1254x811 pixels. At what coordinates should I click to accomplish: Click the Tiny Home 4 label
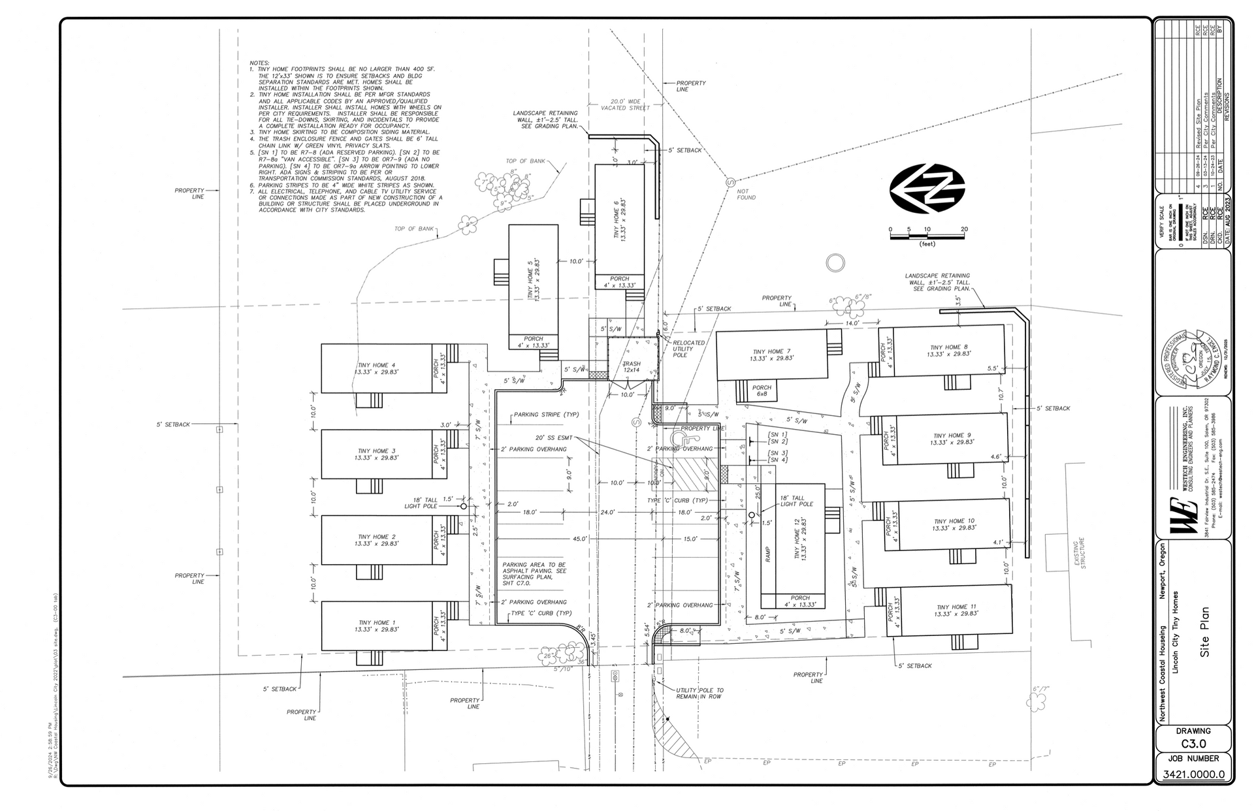point(376,368)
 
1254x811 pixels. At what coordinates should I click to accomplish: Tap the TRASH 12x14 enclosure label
point(632,366)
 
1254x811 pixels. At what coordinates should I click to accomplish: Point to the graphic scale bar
point(927,236)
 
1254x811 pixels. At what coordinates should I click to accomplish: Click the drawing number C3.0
point(1193,743)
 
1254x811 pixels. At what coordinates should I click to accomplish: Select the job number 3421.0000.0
point(1193,775)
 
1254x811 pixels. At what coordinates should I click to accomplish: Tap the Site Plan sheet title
point(1205,631)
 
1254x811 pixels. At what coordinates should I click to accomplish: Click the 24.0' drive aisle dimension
point(607,513)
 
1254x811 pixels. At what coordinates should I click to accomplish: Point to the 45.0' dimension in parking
point(580,539)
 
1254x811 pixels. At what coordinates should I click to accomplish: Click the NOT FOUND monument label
point(746,194)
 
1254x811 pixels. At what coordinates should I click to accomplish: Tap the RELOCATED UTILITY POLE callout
point(688,349)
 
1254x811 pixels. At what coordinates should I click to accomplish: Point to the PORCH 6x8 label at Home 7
point(762,390)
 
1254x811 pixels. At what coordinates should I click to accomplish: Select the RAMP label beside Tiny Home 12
point(768,554)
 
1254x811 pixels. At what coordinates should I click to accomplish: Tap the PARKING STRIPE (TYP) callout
point(546,415)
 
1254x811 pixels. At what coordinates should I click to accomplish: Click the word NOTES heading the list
point(260,63)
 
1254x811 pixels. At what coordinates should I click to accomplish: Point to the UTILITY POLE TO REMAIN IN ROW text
point(699,693)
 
